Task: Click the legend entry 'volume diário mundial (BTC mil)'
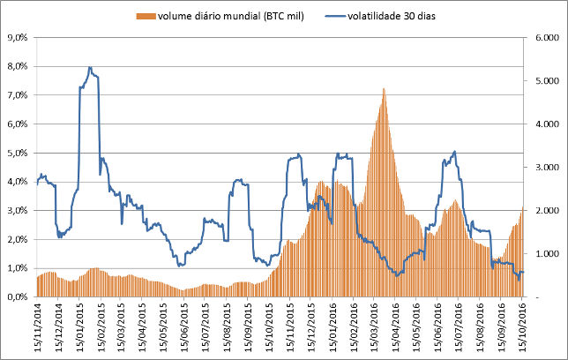tap(231, 15)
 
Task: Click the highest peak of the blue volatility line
tap(90, 67)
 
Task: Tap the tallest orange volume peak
tap(384, 88)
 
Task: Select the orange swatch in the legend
tap(146, 15)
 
